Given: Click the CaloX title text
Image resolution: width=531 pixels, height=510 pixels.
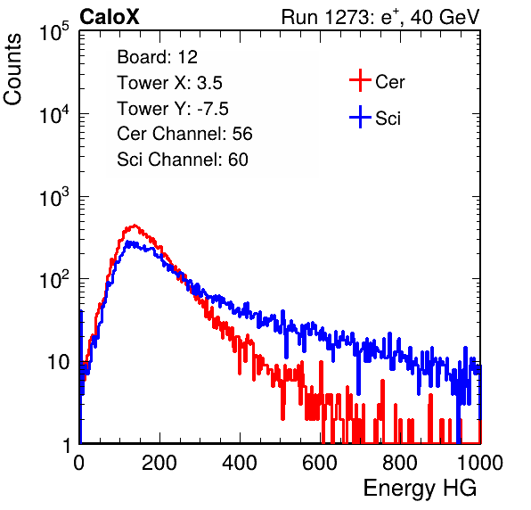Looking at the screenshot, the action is click(x=110, y=17).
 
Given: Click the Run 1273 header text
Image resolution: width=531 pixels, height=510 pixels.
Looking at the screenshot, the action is click(x=380, y=17).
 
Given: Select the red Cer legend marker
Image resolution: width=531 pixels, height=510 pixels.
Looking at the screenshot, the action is click(x=360, y=80).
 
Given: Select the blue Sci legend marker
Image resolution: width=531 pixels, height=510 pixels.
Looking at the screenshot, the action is click(x=360, y=117).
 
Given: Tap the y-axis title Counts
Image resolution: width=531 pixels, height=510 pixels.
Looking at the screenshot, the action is click(x=12, y=70).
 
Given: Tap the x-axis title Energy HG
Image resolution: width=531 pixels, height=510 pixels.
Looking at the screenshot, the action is click(x=420, y=489).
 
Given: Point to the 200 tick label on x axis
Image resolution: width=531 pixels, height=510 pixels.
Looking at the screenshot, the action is click(x=159, y=462).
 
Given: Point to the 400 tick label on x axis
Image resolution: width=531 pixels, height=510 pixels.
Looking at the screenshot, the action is click(x=240, y=462).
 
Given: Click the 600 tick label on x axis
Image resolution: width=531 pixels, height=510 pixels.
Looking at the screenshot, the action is click(x=320, y=462).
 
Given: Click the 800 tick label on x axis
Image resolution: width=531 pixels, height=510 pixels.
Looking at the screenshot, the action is click(x=400, y=462).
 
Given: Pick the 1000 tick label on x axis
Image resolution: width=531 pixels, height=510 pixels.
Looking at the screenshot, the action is click(x=480, y=462).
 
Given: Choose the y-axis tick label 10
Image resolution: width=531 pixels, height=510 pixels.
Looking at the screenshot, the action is click(x=58, y=362).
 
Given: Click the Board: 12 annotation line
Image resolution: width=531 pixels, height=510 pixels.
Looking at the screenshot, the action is click(x=157, y=57).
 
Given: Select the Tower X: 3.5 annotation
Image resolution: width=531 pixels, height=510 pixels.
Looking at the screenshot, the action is click(x=169, y=83).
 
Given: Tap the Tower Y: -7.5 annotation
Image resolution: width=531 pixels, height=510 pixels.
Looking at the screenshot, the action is click(x=173, y=109).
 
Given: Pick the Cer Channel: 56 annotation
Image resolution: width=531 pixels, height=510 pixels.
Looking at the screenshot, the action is click(x=184, y=134).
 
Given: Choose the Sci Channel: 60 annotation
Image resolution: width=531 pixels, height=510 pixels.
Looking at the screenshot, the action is click(x=183, y=160).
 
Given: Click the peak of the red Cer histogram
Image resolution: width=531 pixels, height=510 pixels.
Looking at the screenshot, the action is click(x=135, y=225).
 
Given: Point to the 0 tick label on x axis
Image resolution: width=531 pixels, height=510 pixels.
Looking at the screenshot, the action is click(x=79, y=462).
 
